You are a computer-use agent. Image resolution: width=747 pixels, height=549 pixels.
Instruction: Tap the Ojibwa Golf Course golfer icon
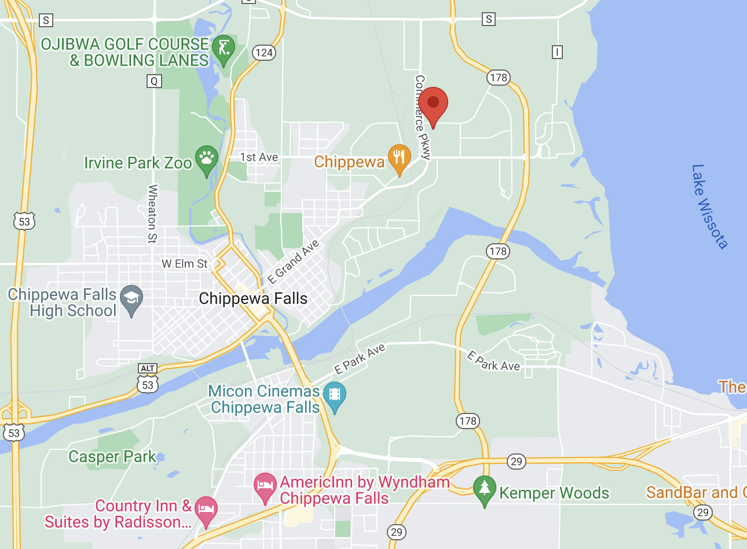pos(223,49)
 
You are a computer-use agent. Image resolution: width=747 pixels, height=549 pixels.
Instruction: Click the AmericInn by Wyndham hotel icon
pos(265,486)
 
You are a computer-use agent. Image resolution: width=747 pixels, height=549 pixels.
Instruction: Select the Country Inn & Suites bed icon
pos(206,510)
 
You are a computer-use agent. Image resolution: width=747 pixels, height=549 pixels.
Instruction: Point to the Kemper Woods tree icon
pos(484,489)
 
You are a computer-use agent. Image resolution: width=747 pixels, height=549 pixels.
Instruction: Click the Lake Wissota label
pos(709,206)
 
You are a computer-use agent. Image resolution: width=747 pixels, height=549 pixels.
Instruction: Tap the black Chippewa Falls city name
pos(253,299)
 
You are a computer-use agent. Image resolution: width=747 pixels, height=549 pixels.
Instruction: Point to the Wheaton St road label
pos(153,213)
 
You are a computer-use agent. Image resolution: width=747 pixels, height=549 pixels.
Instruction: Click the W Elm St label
pos(184,264)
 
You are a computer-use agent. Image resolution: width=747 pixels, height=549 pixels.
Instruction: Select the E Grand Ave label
pos(293,262)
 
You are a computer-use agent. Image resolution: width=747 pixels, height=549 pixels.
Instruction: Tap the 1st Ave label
pos(259,158)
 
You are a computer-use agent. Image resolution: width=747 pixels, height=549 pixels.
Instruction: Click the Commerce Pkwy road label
pos(423,117)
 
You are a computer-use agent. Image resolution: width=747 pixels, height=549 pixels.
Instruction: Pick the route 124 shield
pos(264,53)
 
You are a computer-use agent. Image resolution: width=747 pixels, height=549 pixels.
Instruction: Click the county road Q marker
pos(154,81)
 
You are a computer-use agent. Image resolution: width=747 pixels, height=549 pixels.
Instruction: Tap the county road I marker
pos(557,53)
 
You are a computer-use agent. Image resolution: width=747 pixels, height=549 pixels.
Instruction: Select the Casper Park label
pos(112,457)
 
